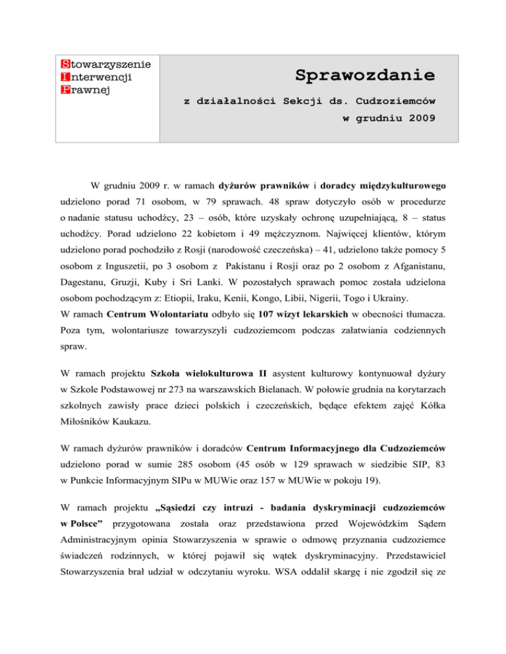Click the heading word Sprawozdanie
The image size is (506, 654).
click(x=364, y=75)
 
